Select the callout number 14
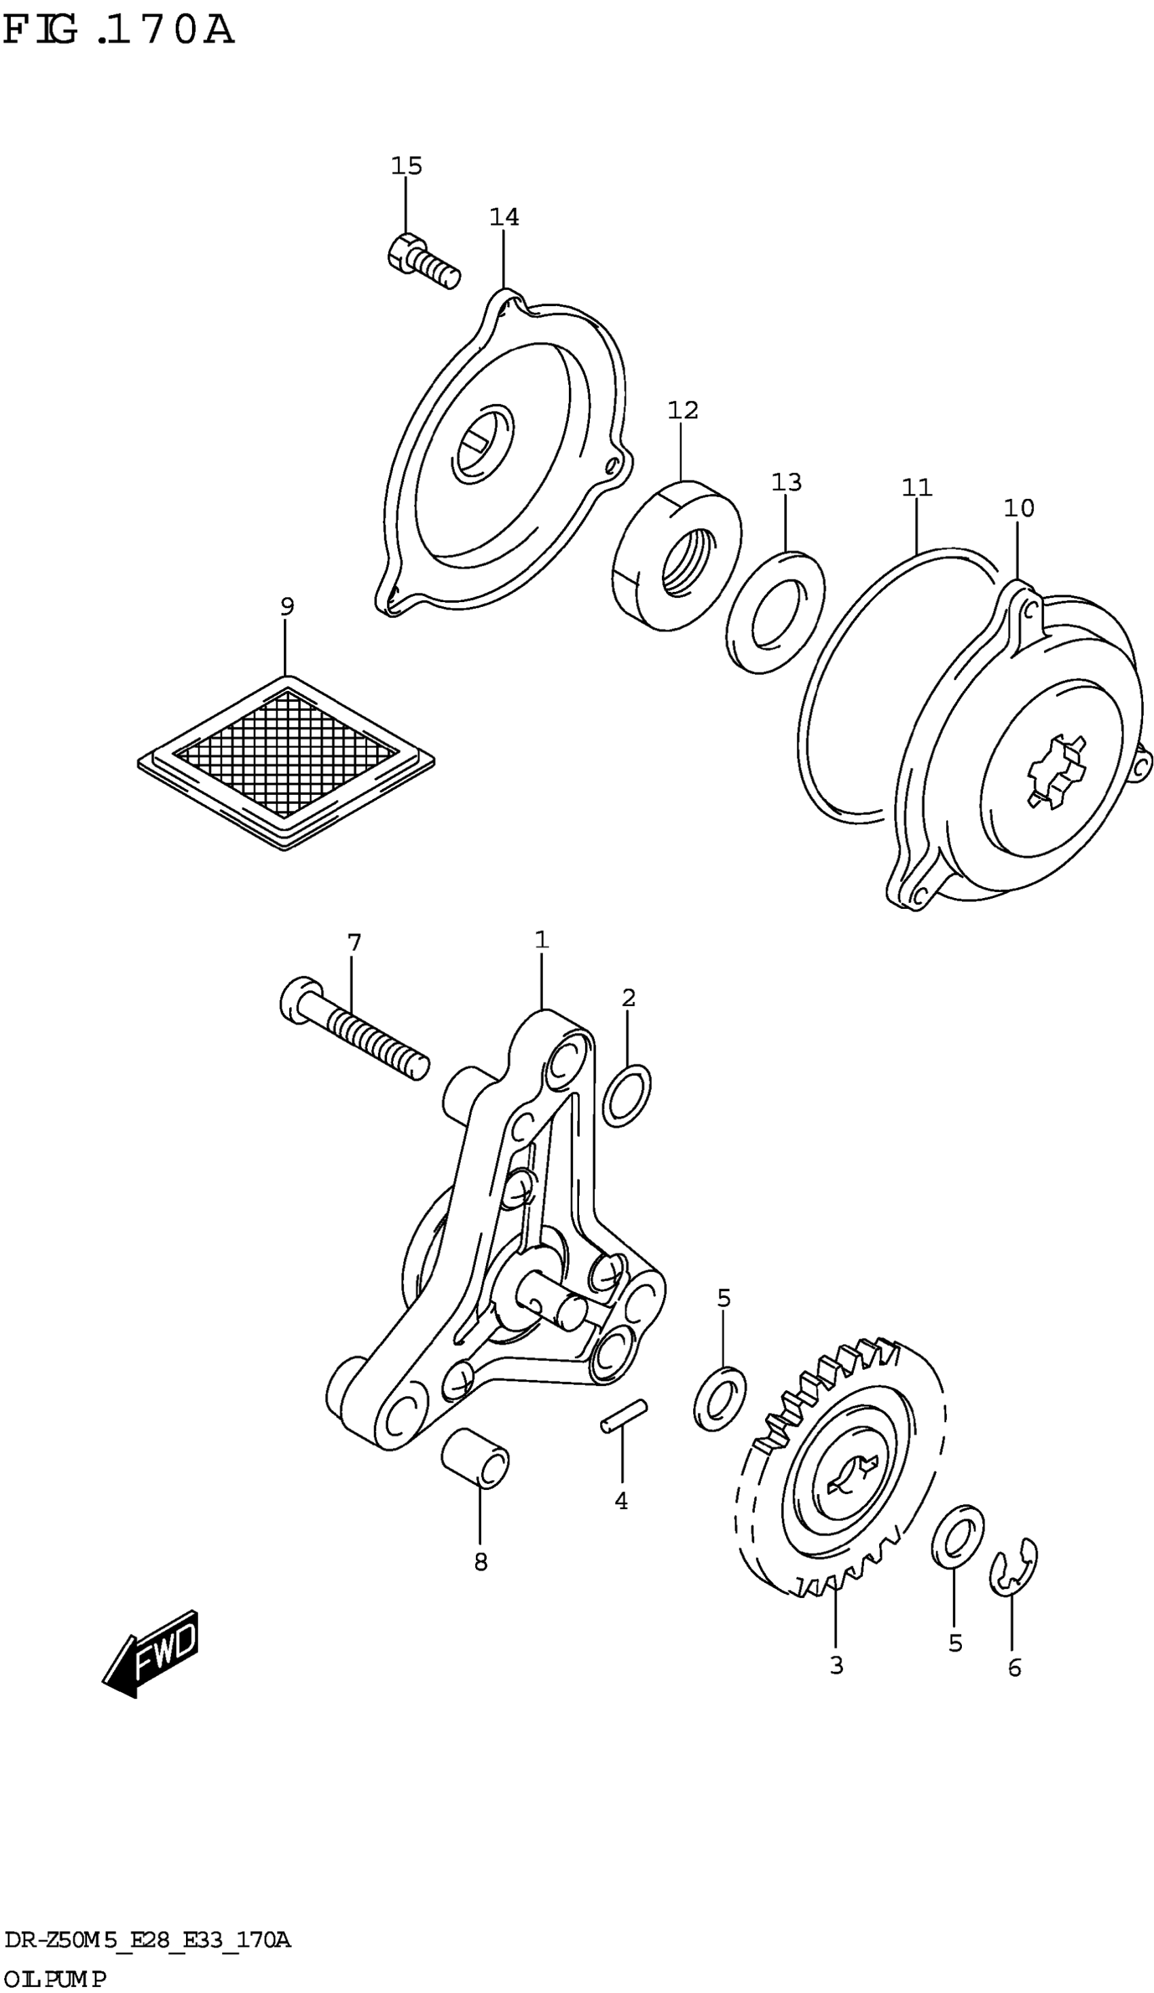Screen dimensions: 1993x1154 point(504,217)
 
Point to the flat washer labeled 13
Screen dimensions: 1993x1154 point(775,613)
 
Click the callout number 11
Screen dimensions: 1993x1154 point(916,487)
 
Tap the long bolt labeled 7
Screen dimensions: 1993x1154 point(354,1034)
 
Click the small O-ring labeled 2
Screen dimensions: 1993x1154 point(627,1096)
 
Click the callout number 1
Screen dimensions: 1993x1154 point(541,939)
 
